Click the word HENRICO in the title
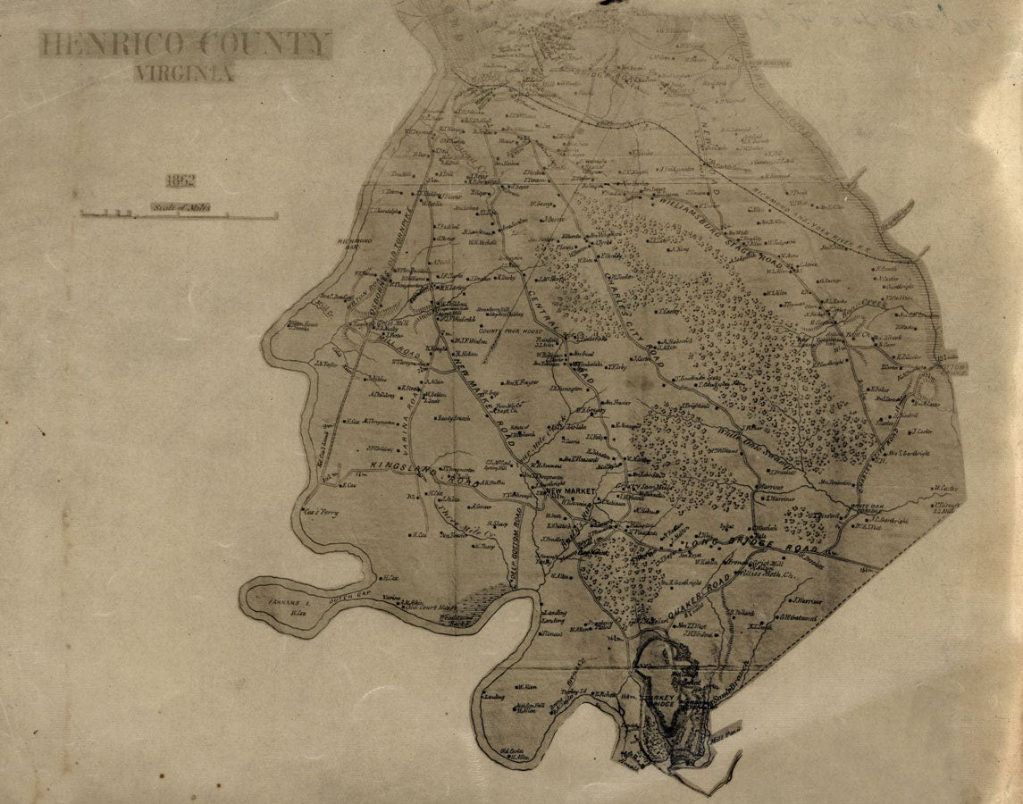(117, 45)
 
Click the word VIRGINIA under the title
(185, 73)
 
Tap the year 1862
(180, 180)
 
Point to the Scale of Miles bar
(179, 214)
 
